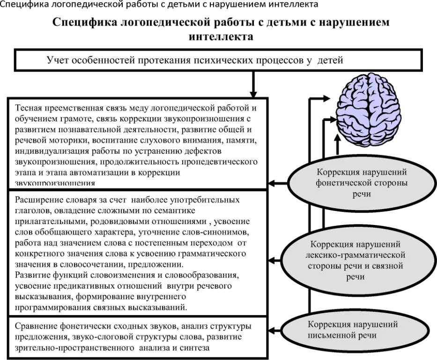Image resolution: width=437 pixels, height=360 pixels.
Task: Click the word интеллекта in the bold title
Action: [220, 37]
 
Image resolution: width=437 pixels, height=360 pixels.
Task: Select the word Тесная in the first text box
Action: [29, 107]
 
